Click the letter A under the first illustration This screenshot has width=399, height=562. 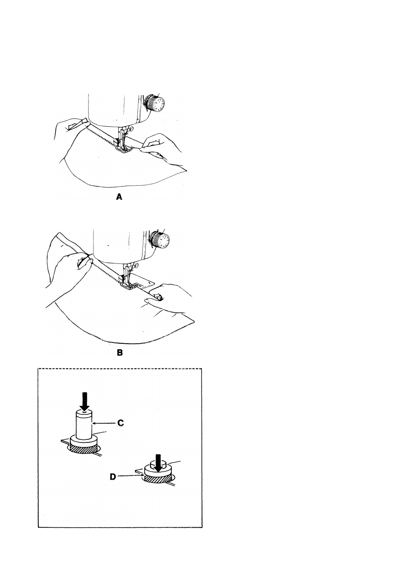[119, 197]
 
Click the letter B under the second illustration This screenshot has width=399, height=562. [120, 353]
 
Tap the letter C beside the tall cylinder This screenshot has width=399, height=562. [121, 423]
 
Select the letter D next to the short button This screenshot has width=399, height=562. [113, 476]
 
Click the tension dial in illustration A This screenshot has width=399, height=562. [154, 103]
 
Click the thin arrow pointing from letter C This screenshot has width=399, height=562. [104, 423]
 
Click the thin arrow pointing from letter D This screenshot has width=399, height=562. [131, 476]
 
